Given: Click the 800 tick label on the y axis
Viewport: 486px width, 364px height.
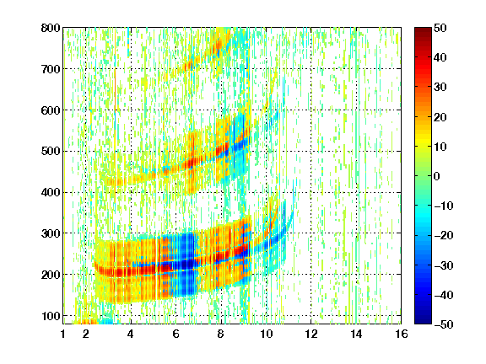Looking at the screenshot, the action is [51, 28].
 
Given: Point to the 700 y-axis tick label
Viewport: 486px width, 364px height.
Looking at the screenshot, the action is [51, 69].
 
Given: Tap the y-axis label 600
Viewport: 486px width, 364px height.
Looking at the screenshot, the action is [51, 110].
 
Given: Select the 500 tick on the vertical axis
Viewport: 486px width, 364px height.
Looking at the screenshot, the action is [51, 152].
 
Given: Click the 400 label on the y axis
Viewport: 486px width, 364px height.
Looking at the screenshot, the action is [51, 192].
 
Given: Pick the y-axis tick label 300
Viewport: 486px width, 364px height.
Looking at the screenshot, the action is [51, 233].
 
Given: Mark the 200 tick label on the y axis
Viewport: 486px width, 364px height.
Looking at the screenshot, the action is [51, 275].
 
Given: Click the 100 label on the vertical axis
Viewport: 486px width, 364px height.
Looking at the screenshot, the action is [51, 316].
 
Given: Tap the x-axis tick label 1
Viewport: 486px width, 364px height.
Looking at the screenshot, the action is [63, 334].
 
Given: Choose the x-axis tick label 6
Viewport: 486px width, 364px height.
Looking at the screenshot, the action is [176, 334].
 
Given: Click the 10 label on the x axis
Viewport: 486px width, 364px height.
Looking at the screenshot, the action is [267, 334].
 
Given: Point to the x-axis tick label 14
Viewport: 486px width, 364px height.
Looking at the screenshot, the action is [356, 334].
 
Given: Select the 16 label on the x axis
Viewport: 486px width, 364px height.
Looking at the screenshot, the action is [402, 334].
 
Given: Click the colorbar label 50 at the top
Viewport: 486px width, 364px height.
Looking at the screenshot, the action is [440, 28].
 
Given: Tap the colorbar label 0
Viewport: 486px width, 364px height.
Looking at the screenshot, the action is [437, 176].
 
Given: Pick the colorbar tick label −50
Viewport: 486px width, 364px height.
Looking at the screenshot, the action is [444, 324].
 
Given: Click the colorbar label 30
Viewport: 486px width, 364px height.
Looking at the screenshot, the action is [440, 88].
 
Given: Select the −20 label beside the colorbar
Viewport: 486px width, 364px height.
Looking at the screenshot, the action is [444, 235].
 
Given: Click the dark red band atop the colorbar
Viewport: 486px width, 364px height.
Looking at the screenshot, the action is [423, 34].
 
